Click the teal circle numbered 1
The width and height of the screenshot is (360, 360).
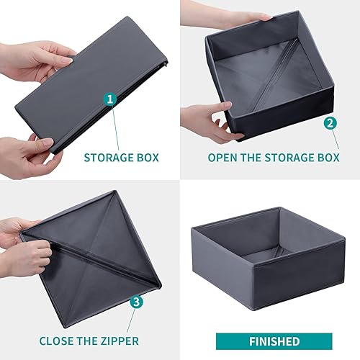coord(110,99)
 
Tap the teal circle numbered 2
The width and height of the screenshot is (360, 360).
coord(330,123)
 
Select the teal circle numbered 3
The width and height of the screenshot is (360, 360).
coord(136,302)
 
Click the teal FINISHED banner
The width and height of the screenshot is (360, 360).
coord(274,341)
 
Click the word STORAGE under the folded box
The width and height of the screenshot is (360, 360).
coord(108,158)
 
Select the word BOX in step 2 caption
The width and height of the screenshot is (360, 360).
coord(328,158)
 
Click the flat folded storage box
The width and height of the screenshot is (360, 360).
coord(91,84)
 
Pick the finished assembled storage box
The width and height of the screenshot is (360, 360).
coord(268,258)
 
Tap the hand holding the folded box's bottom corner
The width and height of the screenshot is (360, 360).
coord(29,157)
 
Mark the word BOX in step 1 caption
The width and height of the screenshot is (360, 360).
coord(148,158)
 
